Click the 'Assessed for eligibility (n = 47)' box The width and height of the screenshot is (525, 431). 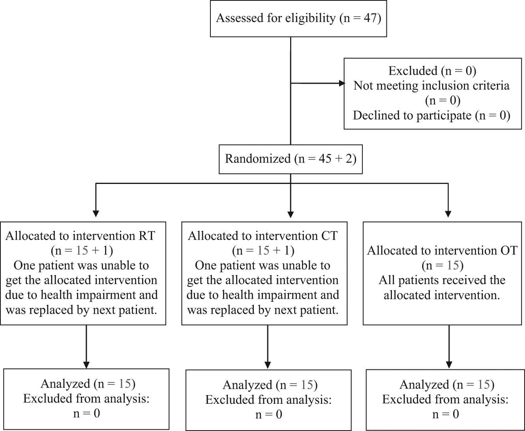pos(298,19)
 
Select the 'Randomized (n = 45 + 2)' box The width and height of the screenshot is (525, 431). pos(291,159)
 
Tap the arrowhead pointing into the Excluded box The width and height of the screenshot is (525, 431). pos(342,83)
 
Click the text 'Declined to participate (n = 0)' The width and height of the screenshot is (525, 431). pos(431,116)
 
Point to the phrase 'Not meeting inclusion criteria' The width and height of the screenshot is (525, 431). pos(431,86)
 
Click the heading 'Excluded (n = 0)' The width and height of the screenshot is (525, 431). pos(432,71)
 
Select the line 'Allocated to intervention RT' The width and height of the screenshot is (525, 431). pos(80,236)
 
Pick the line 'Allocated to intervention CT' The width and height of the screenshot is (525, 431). pos(262,236)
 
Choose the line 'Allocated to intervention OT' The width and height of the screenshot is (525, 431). pos(442,250)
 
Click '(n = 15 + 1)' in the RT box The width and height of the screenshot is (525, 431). pos(82,251)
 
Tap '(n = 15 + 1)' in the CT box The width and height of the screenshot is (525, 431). pos(263,251)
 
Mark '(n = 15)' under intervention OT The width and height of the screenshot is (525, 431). pos(442,266)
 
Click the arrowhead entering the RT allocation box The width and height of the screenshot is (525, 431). pos(96,214)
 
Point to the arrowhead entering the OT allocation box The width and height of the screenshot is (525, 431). pos(448,214)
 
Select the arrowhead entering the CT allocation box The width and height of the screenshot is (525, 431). pos(291,214)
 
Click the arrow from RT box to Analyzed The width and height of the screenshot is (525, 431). pos(86,347)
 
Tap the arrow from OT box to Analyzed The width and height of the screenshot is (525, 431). pos(449,347)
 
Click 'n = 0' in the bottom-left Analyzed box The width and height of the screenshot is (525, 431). pos(86,413)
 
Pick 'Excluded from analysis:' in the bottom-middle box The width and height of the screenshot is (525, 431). pos(268,400)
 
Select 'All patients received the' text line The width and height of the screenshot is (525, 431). pos(442,280)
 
